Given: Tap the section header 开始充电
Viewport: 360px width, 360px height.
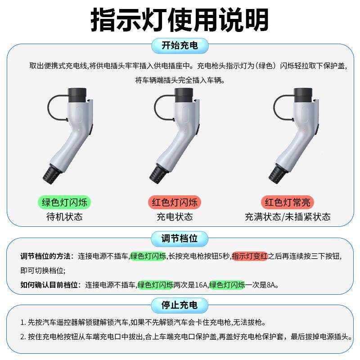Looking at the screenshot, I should (180, 45).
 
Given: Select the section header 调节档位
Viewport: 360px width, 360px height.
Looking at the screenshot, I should (180, 238).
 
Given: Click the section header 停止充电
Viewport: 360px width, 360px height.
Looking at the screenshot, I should (180, 305).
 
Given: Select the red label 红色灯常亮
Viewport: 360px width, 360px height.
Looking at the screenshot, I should (288, 202).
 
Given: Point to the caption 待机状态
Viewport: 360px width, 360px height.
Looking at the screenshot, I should (65, 217).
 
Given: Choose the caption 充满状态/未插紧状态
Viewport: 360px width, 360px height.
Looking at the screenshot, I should (288, 217).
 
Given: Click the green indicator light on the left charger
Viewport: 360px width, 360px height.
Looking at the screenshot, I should (78, 130).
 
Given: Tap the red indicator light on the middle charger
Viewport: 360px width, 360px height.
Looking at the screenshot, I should (185, 130).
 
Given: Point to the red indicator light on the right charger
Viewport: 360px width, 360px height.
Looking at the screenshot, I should (305, 130).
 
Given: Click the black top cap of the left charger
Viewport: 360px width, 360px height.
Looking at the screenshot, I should (76, 95).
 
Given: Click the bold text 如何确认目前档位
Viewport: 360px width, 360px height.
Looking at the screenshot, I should (49, 285).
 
